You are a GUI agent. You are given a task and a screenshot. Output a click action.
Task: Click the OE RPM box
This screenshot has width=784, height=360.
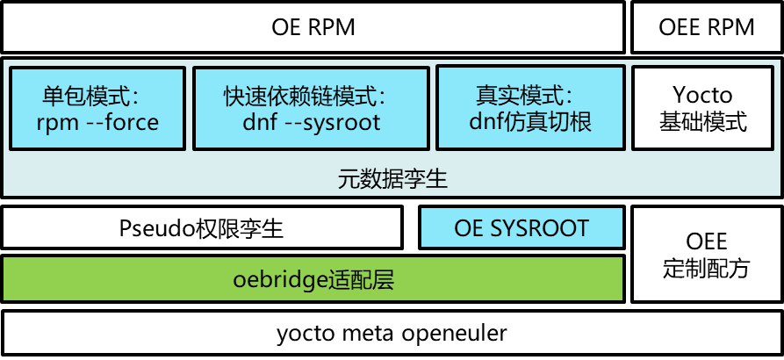313,27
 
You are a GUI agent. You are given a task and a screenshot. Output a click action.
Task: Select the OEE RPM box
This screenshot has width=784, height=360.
706,27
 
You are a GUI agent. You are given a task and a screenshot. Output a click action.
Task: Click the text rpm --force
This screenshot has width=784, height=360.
97,122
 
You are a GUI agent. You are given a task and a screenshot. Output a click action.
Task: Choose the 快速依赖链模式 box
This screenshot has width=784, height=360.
311,108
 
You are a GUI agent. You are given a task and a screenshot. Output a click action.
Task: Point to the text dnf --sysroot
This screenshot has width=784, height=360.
311,122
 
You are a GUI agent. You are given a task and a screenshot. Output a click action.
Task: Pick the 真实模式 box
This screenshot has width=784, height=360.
529,108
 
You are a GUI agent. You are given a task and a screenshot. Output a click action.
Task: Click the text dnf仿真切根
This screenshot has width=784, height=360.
529,122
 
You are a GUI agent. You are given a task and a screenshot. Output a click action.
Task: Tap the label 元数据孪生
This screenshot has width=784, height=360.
392,179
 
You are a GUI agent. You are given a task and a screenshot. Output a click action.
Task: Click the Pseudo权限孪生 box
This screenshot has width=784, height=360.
201,228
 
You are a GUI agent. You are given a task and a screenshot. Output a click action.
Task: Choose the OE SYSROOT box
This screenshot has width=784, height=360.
521,228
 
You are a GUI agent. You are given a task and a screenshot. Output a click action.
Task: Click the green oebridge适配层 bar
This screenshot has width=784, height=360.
313,280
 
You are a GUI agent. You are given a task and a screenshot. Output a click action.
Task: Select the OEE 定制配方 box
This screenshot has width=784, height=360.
706,254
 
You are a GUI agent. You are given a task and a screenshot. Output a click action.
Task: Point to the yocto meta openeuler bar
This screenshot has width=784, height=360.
392,334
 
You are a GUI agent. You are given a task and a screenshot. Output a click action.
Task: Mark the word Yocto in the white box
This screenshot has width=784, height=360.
702,94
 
